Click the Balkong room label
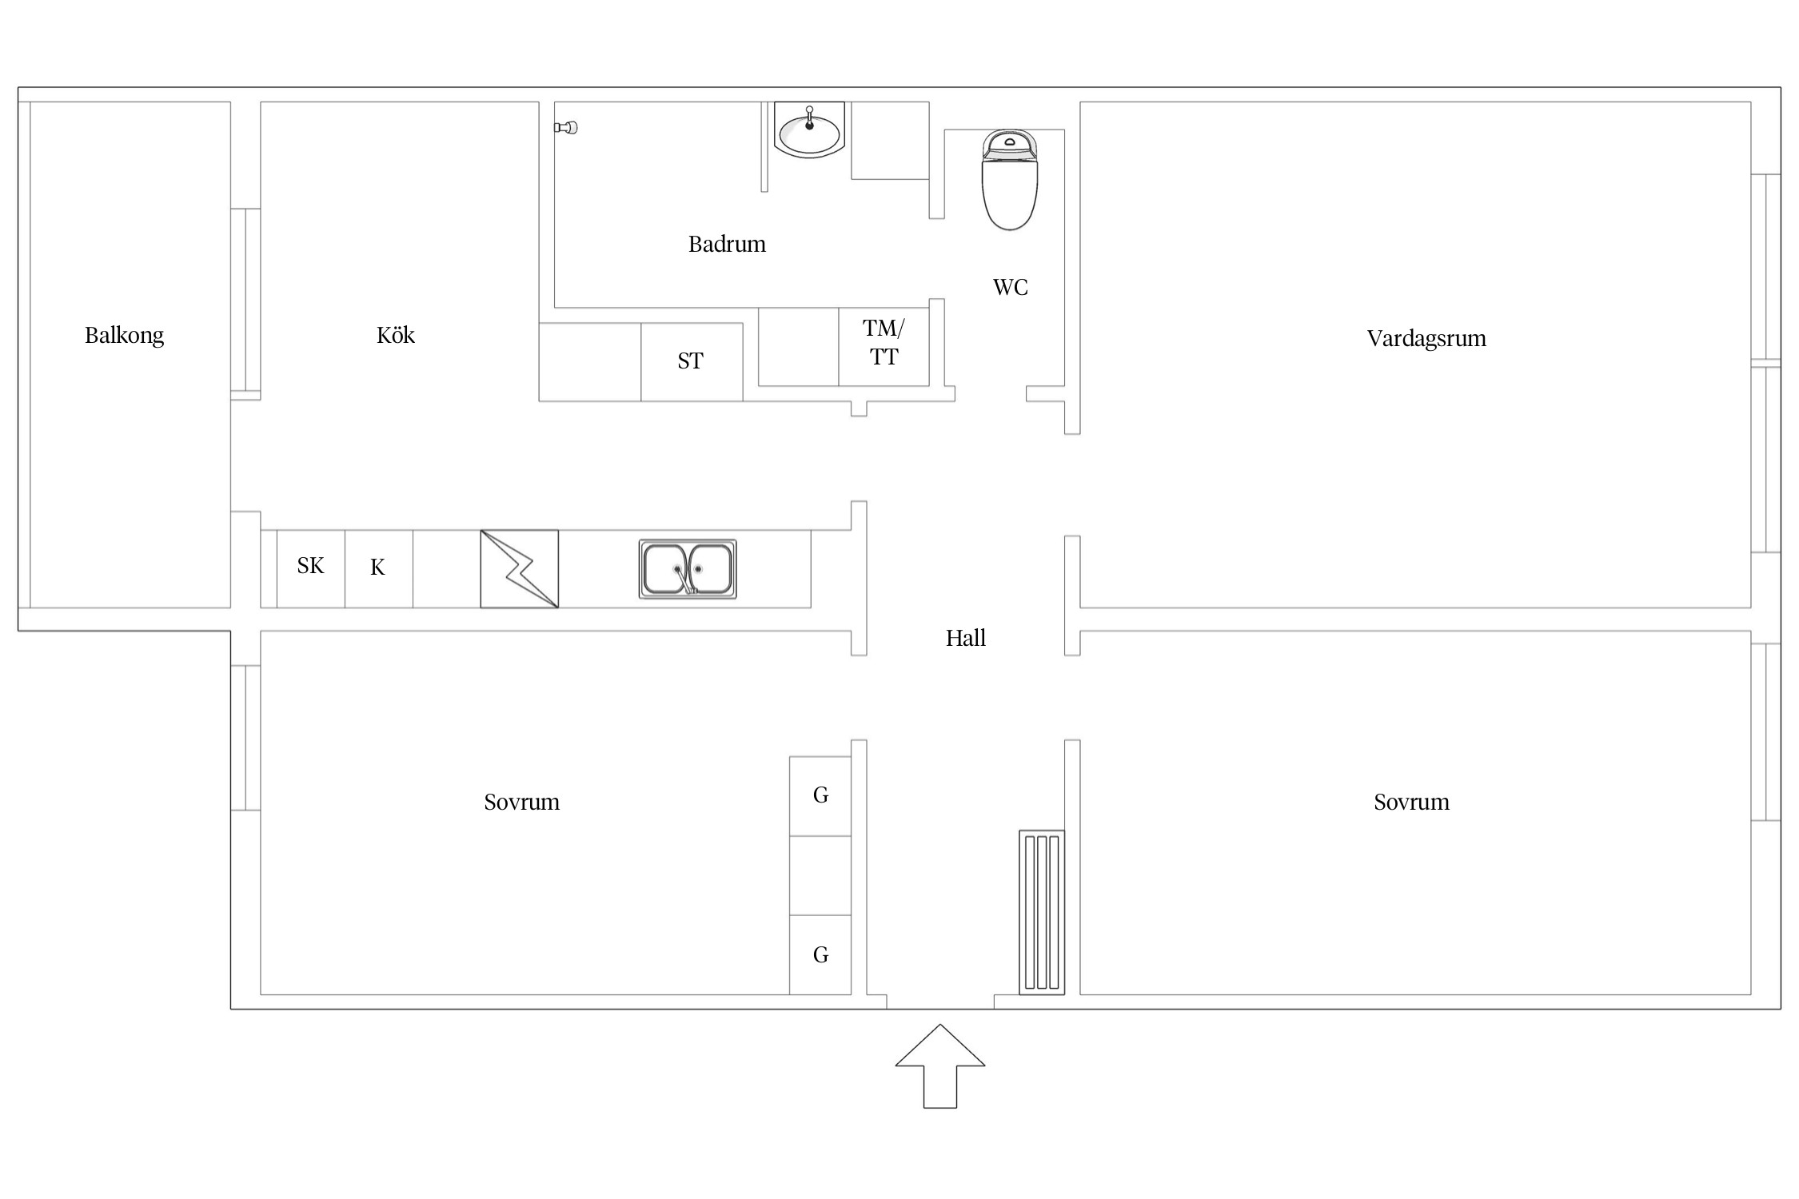coord(125,336)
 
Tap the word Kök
coord(396,335)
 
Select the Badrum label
coord(727,244)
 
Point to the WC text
coord(1011,287)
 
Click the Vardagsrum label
coord(1426,339)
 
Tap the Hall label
coord(966,638)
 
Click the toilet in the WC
coord(1010,180)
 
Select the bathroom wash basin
coord(809,129)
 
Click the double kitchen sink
coord(688,569)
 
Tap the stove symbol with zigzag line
coord(520,569)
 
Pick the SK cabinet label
coord(310,566)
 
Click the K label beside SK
coord(377,568)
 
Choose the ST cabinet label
coord(690,361)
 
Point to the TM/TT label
coord(884,342)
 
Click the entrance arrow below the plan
coord(940,1066)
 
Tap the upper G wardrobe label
coord(820,795)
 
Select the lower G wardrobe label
coord(820,955)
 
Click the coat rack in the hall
coord(1042,913)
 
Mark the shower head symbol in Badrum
coord(566,127)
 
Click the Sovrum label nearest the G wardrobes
coord(522,802)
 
